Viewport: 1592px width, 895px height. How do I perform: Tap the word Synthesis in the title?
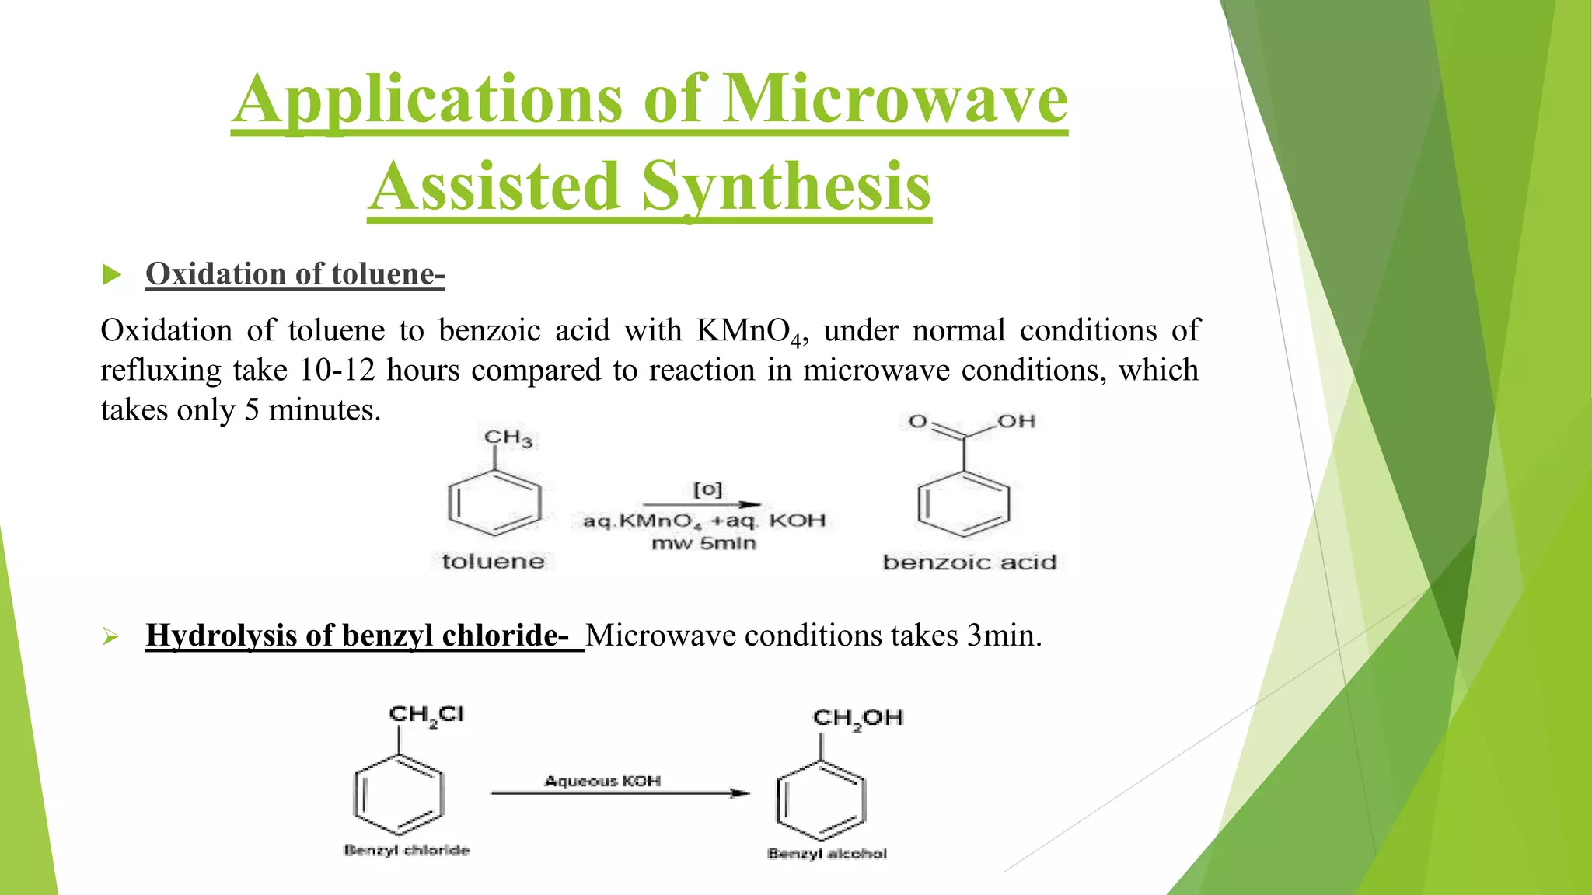tap(786, 186)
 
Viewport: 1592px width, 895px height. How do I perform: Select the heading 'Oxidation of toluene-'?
tap(295, 274)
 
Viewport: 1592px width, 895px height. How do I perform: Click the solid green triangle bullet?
tap(112, 275)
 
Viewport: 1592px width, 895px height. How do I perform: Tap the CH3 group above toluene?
tap(508, 438)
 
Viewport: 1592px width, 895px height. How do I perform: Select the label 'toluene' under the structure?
tap(493, 561)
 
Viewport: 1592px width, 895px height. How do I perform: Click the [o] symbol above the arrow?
tap(707, 489)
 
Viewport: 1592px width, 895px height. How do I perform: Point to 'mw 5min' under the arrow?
tap(703, 543)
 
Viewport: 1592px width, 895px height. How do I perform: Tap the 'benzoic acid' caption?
tap(969, 562)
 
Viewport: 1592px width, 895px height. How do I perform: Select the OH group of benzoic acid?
tap(1017, 421)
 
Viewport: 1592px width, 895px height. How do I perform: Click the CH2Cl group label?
tap(426, 715)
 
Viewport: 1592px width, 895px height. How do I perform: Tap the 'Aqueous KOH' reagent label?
tap(602, 781)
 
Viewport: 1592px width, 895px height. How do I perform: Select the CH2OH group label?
tap(857, 718)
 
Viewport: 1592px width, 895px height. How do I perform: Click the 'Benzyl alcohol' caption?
tap(827, 854)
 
